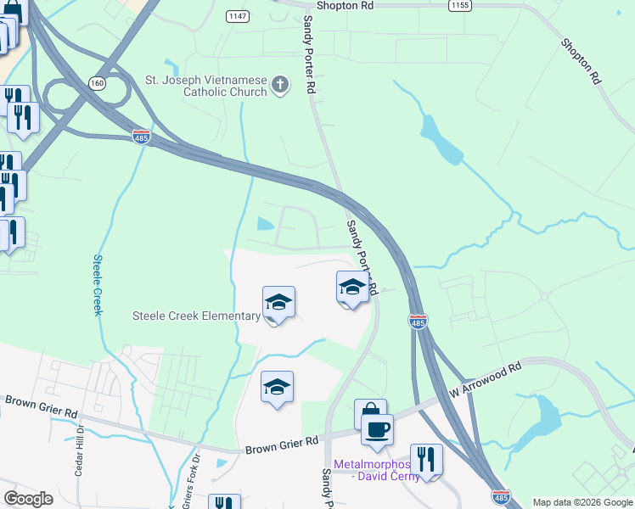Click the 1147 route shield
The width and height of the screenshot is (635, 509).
tap(237, 16)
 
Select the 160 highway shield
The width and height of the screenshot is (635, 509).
tap(98, 83)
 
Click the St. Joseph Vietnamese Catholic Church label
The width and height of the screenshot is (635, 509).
tap(205, 87)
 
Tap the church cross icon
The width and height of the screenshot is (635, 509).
tap(280, 85)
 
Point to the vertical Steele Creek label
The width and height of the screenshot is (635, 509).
tap(98, 285)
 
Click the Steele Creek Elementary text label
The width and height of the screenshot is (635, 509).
tap(196, 316)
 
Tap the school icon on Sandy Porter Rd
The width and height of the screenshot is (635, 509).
tap(352, 287)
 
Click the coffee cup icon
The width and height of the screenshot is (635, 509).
tap(377, 428)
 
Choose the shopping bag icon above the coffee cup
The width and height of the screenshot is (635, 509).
tap(370, 413)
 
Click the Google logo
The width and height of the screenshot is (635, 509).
tap(29, 499)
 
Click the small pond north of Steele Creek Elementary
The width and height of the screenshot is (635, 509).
tap(264, 225)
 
